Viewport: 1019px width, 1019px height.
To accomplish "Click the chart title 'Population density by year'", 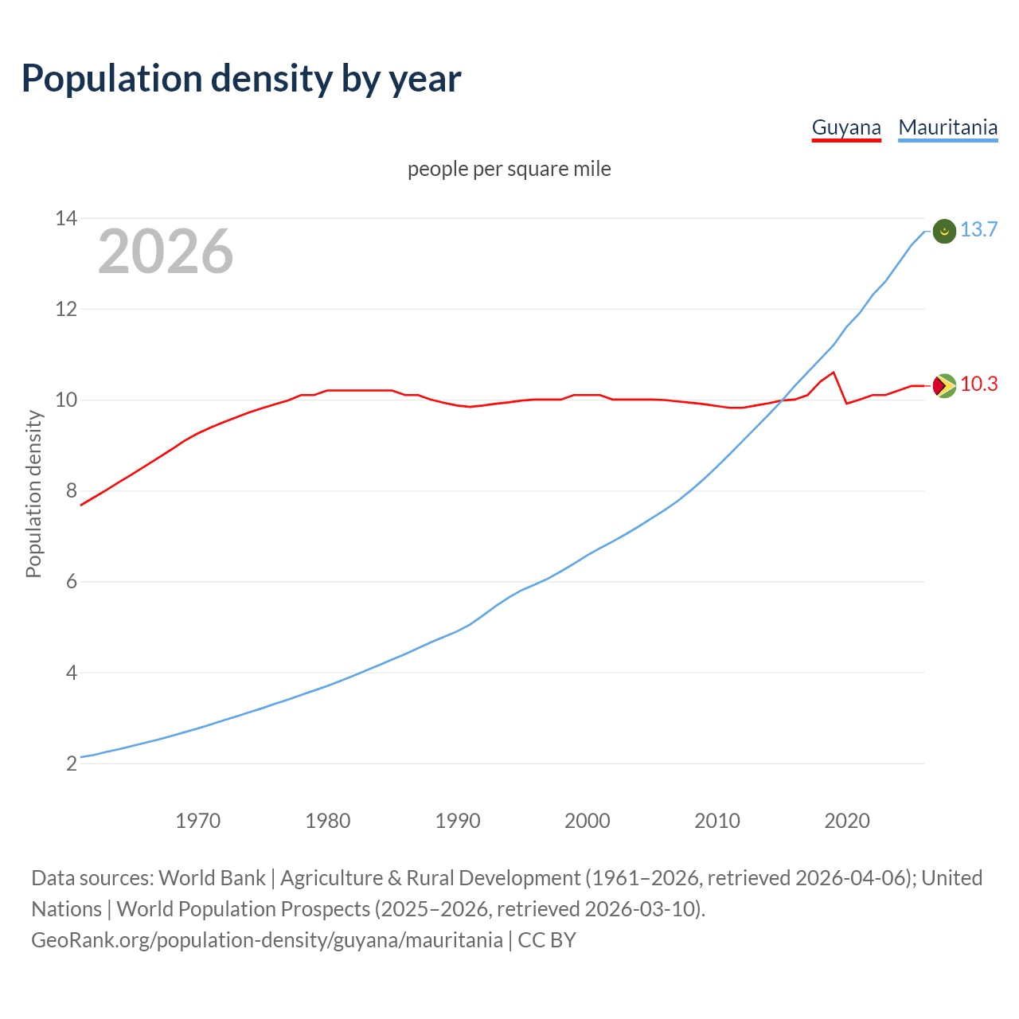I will [x=241, y=79].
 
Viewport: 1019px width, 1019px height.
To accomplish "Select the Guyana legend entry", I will [x=846, y=127].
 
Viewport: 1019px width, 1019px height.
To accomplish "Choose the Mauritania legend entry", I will [x=947, y=127].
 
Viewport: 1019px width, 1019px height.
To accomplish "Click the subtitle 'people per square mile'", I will [x=509, y=170].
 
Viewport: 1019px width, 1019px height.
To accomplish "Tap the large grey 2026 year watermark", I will [x=166, y=252].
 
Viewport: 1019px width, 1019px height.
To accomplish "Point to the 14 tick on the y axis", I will [x=65, y=218].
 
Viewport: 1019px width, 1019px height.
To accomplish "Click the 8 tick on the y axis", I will [x=71, y=490].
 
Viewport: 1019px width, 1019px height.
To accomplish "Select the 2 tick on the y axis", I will [x=71, y=763].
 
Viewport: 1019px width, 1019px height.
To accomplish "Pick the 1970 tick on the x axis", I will [x=197, y=821].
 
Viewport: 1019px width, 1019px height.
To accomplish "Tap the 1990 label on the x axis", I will [x=458, y=821].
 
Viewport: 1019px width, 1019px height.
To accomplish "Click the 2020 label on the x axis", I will [x=847, y=821].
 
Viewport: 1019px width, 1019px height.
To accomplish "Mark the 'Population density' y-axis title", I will [x=33, y=494].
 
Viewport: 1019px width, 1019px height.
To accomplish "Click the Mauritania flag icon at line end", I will [x=944, y=231].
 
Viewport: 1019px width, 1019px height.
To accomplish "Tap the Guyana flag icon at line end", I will [x=944, y=385].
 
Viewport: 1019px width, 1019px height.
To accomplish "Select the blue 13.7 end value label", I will [x=978, y=230].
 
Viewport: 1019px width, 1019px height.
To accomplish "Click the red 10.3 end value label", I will [x=978, y=385].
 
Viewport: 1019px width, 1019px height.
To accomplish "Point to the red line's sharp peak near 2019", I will [x=834, y=373].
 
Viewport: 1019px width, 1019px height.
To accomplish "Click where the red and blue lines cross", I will [x=782, y=400].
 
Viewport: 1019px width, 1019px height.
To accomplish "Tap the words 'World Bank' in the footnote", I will [x=212, y=878].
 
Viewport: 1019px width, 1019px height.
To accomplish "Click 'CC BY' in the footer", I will [x=547, y=940].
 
